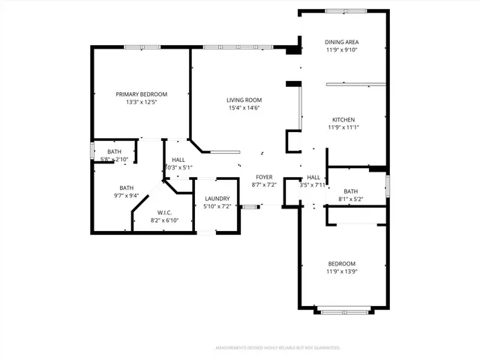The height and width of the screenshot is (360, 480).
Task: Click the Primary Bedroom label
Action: (x=141, y=94)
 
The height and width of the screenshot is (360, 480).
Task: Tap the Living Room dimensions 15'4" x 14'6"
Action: (x=244, y=108)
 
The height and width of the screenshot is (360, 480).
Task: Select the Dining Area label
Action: (x=342, y=42)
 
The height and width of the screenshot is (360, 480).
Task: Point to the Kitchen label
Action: (x=343, y=120)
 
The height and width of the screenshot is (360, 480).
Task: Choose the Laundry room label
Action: (x=217, y=198)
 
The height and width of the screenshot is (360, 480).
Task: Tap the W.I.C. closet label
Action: (x=163, y=212)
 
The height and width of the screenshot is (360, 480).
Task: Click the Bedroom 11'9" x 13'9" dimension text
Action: (x=342, y=271)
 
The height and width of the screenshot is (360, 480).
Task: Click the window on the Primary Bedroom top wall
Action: (x=142, y=47)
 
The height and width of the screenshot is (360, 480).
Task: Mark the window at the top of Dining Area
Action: (x=346, y=10)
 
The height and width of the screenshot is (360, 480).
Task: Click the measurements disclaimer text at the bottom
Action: (x=277, y=348)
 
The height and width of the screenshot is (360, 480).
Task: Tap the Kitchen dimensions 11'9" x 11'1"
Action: (x=343, y=127)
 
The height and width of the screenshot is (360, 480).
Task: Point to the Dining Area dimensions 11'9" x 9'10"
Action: (x=342, y=50)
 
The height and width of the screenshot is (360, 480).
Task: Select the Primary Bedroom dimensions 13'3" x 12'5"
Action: (x=141, y=103)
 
